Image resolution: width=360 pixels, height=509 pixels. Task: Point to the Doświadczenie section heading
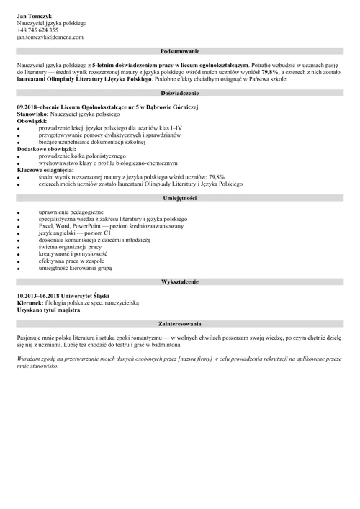coord(180,94)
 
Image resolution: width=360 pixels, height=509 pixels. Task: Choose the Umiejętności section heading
coord(180,198)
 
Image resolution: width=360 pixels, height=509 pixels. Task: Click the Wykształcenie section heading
coord(180,281)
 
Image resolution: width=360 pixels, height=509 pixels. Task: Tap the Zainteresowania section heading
coord(180,324)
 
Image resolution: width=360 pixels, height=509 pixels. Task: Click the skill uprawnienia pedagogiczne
coord(71,212)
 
